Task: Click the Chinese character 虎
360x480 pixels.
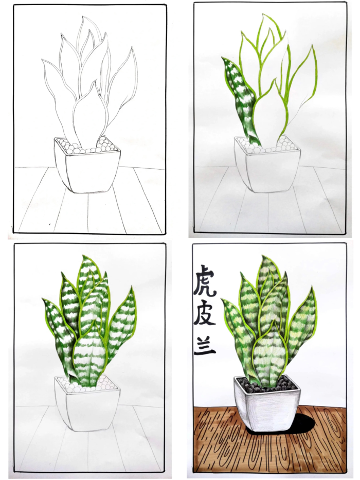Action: pyautogui.click(x=204, y=281)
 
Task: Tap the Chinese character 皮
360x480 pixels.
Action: pyautogui.click(x=205, y=314)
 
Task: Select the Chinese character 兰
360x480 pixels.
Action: pyautogui.click(x=205, y=346)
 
